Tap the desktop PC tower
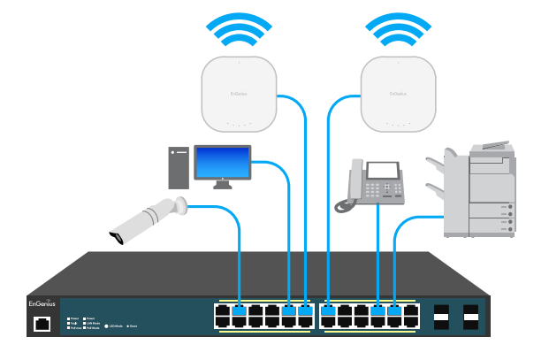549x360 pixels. [x=178, y=168]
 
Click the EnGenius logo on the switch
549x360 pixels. [x=42, y=303]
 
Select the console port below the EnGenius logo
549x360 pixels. [x=42, y=324]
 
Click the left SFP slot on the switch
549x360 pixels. [x=440, y=316]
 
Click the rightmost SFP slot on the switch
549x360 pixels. [x=471, y=316]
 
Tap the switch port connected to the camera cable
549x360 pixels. [x=240, y=310]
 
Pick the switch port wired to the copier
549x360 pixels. [x=395, y=310]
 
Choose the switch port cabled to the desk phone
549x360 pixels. [x=378, y=310]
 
